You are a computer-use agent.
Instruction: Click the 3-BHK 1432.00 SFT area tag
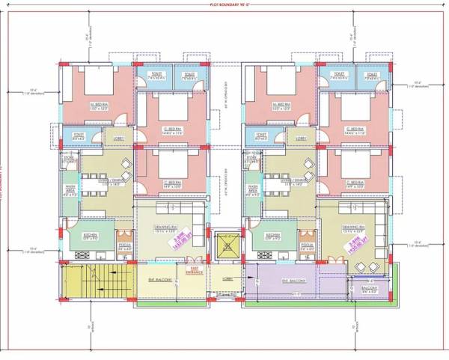click(178, 238)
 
